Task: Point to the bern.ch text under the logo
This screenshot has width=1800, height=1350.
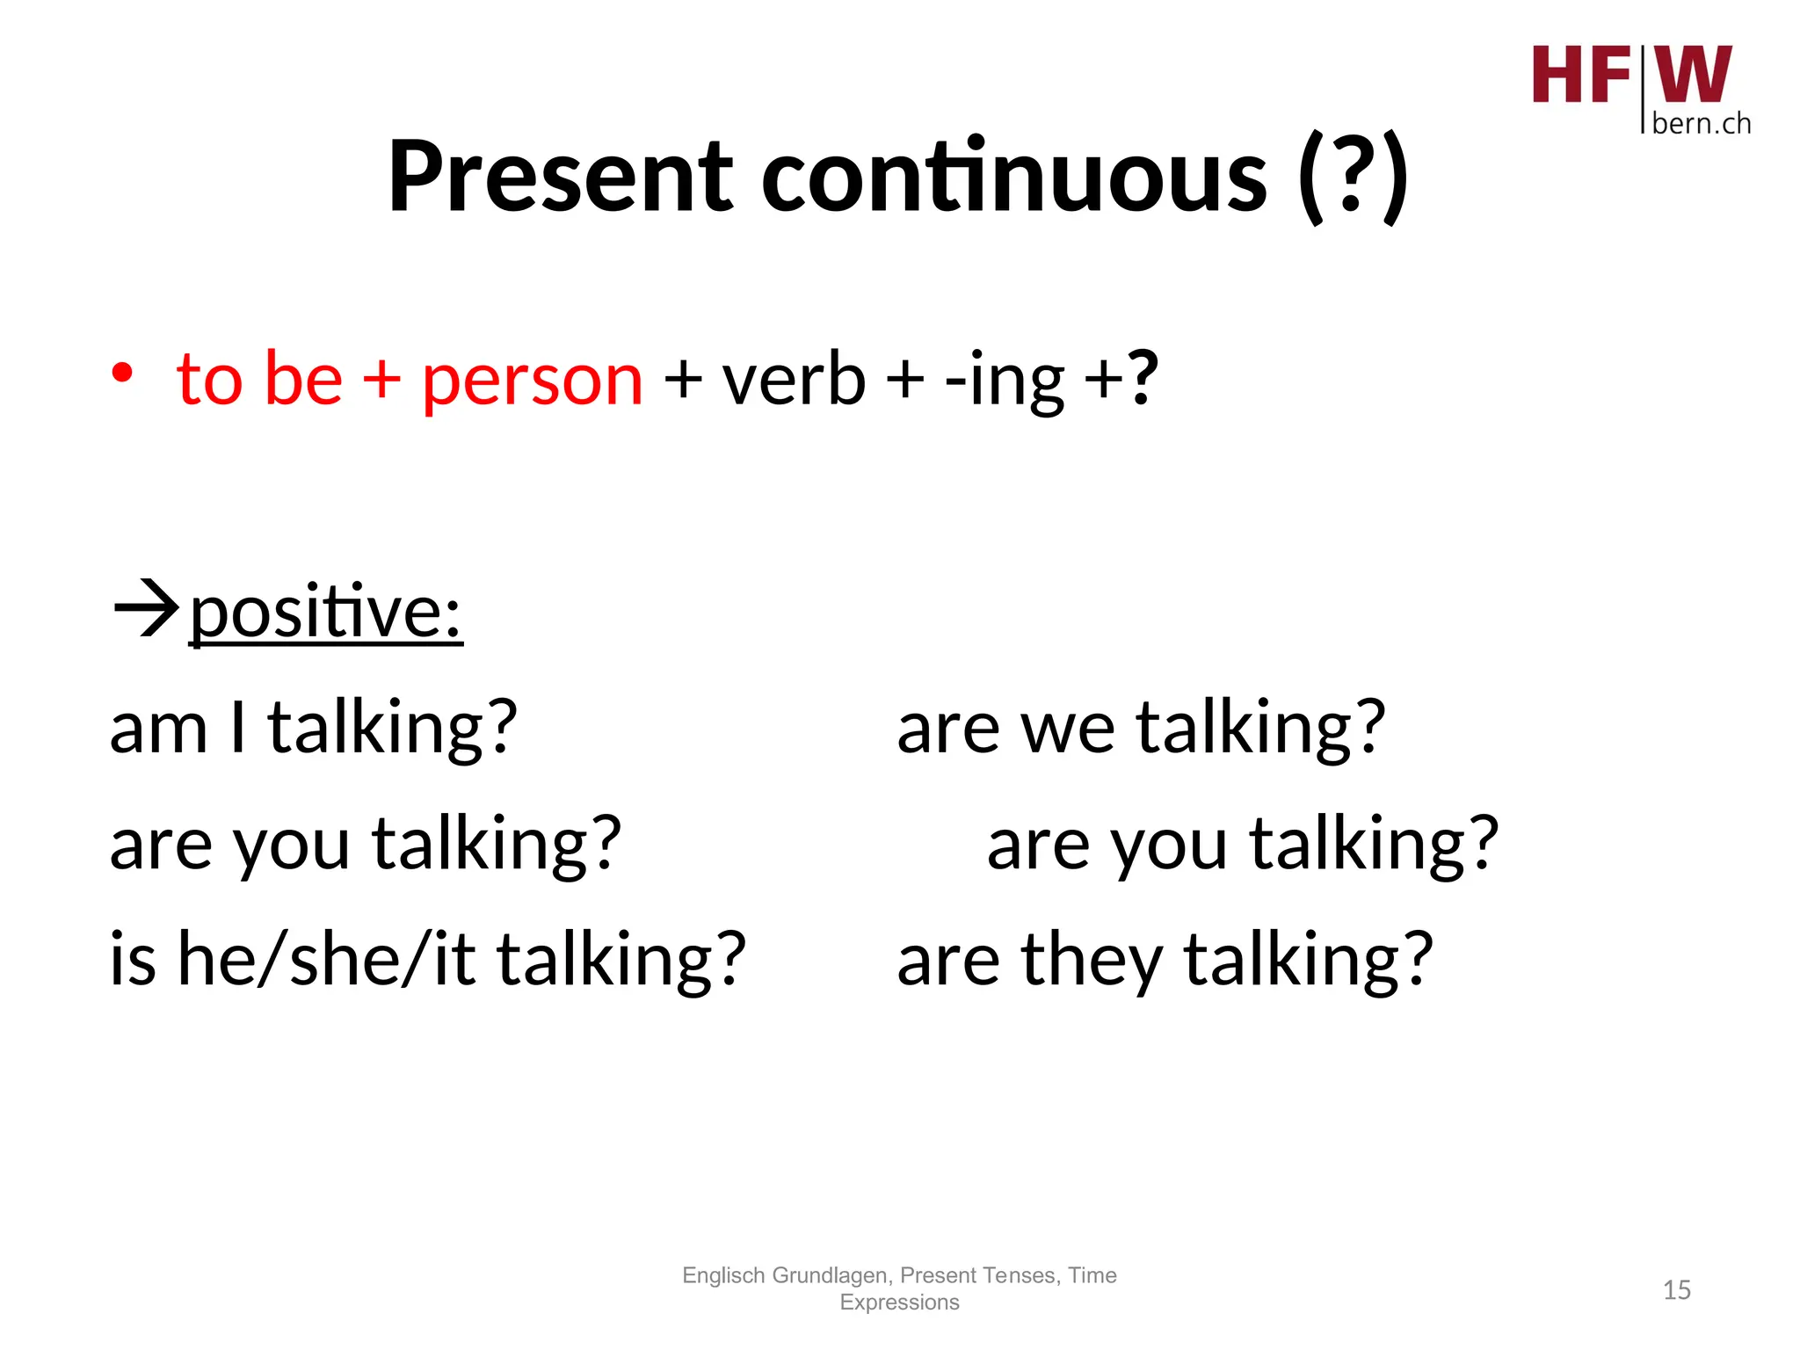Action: (1701, 124)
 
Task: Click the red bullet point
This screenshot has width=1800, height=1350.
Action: (122, 374)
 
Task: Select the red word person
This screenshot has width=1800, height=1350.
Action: (532, 381)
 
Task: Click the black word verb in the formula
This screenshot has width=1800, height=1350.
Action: (793, 379)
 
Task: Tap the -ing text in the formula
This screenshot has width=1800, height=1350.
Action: (1005, 381)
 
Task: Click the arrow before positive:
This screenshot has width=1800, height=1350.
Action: (146, 608)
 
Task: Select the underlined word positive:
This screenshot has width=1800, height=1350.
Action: (325, 613)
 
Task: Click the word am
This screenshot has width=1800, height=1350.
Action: (158, 729)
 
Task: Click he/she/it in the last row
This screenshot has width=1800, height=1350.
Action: (326, 960)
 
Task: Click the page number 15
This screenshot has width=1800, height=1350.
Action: (1676, 1290)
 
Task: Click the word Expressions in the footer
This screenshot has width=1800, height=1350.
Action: (899, 1303)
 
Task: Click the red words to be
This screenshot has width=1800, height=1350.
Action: (259, 379)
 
